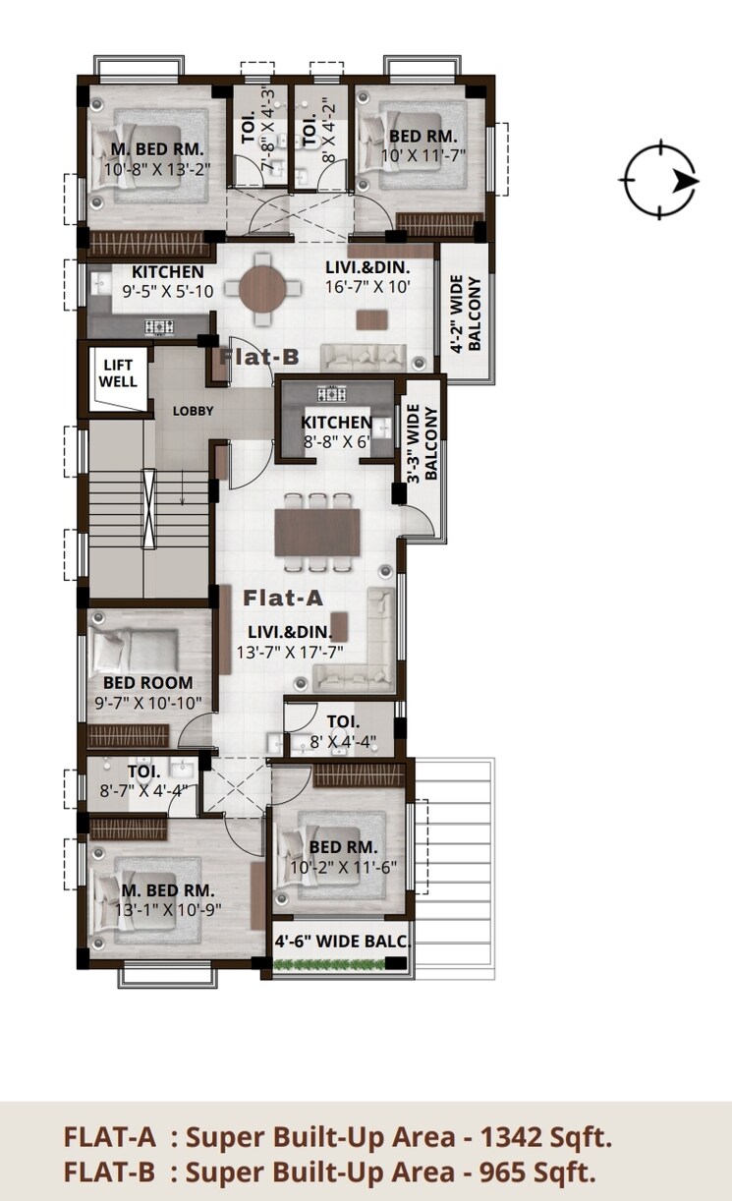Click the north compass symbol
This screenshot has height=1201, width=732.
(659, 181)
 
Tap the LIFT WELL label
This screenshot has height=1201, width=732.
(119, 372)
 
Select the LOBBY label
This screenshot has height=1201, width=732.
(193, 410)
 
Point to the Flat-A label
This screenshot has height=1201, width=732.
(283, 596)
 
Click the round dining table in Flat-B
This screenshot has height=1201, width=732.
(262, 288)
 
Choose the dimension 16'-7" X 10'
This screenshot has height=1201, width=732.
(366, 287)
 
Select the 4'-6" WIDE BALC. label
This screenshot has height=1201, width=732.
(341, 941)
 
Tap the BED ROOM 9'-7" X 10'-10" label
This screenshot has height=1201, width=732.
(147, 692)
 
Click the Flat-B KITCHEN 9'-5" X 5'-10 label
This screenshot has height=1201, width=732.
(168, 281)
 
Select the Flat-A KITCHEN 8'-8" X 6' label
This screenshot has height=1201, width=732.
(336, 432)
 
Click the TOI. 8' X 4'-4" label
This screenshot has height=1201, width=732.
(335, 732)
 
